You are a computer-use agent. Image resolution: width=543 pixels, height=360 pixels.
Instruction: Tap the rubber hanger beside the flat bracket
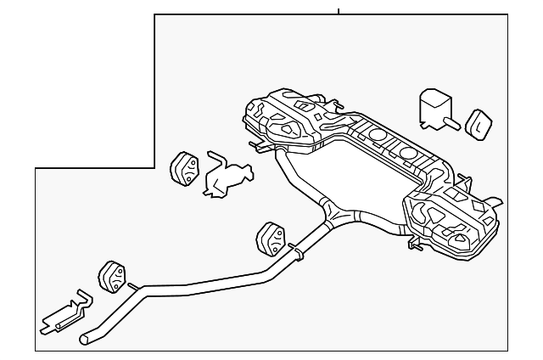pyautogui.click(x=185, y=168)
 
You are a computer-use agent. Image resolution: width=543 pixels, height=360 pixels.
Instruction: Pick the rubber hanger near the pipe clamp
pyautogui.click(x=270, y=239)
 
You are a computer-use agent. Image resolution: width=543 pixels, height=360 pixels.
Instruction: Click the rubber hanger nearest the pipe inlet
pyautogui.click(x=112, y=277)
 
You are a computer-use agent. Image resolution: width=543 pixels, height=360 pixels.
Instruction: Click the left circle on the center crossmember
pyautogui.click(x=375, y=138)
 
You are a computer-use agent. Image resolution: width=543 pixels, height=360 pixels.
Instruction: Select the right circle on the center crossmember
pyautogui.click(x=408, y=154)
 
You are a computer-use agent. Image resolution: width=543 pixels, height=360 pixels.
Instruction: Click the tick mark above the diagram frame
pyautogui.click(x=339, y=10)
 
